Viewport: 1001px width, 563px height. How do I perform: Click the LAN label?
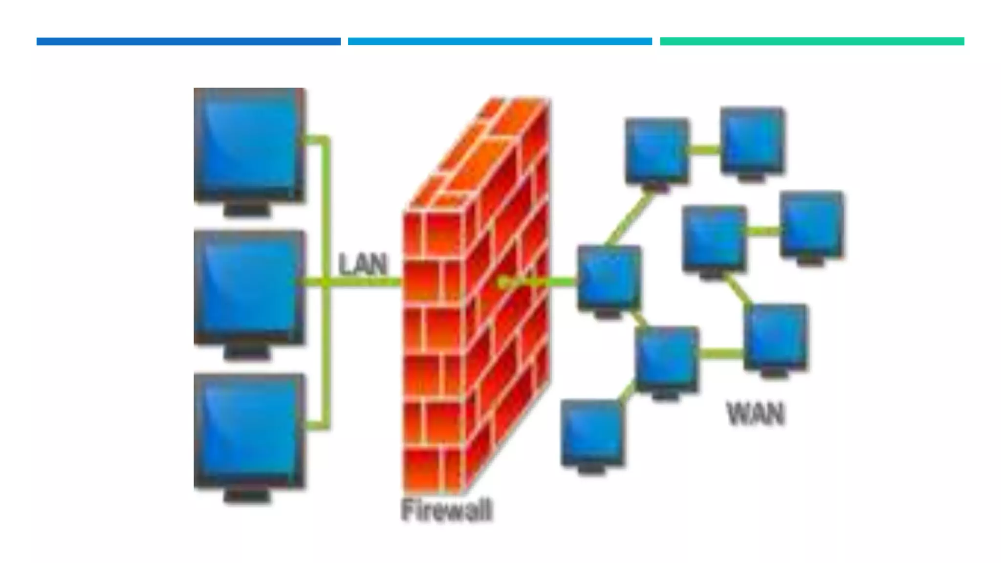pos(363,264)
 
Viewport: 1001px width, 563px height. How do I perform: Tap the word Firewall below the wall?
pos(446,510)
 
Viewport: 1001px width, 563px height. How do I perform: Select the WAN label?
pos(756,413)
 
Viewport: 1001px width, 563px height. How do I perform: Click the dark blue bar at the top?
pos(188,42)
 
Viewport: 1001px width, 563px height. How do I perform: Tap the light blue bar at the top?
pos(500,42)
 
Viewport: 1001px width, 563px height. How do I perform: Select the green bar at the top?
pos(812,42)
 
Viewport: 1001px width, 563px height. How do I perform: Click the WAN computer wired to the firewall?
pos(609,277)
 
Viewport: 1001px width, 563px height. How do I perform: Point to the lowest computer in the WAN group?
pos(592,433)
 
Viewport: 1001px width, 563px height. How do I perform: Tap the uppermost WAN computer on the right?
pos(753,141)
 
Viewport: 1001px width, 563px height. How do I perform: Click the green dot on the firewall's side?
pos(502,282)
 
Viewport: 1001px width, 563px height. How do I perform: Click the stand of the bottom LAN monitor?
pos(247,496)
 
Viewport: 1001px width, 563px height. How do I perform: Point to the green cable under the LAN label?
pos(364,282)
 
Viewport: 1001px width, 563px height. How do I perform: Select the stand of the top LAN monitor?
pos(247,210)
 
